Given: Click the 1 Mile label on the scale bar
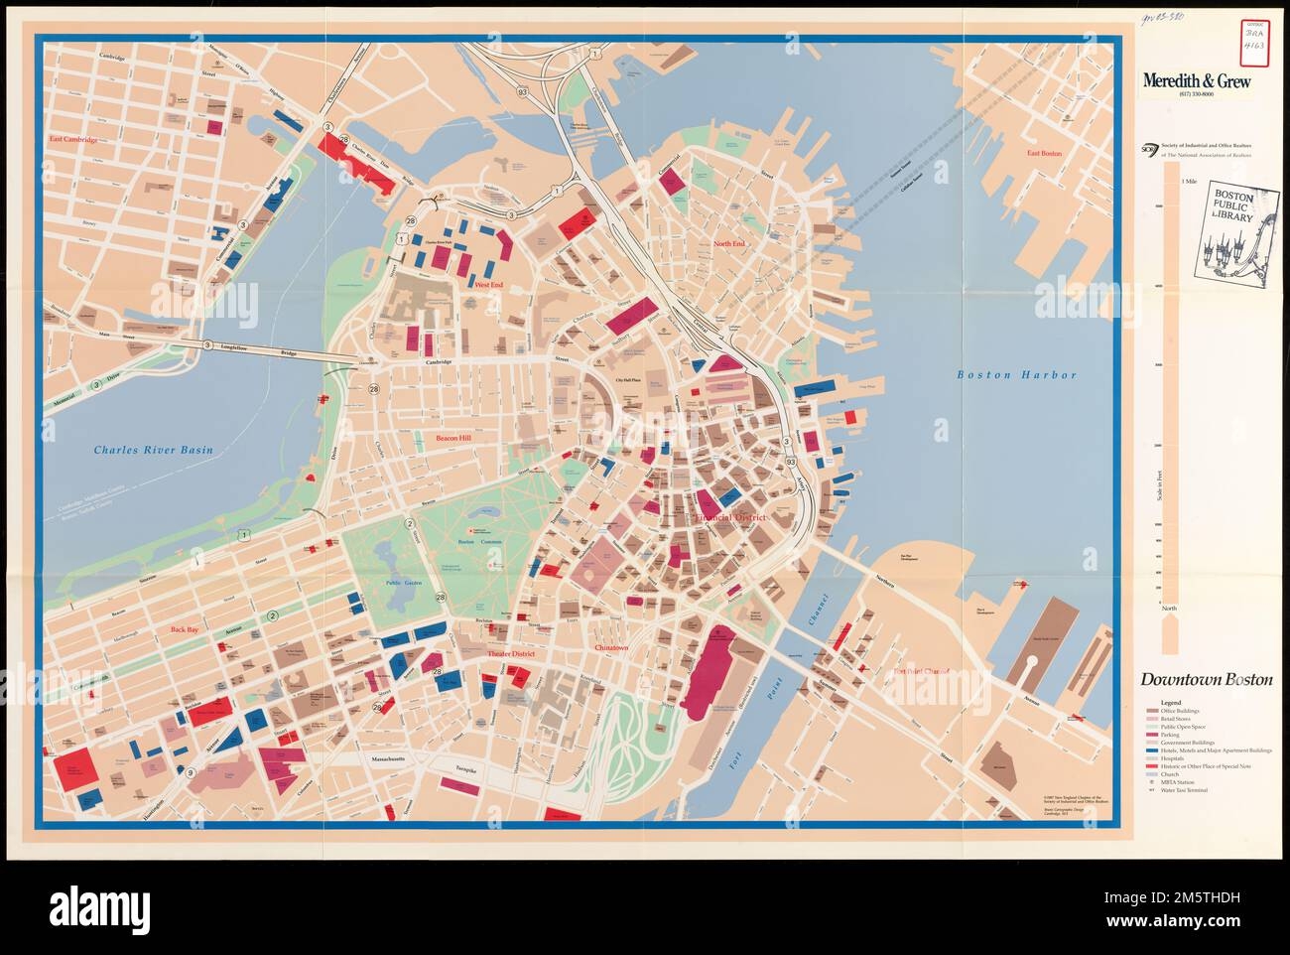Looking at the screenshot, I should click(1189, 182).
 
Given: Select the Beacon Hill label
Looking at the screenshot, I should click(458, 438).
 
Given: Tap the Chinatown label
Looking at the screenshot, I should click(611, 648).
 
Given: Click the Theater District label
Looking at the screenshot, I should click(510, 655).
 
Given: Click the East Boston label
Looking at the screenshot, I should click(1045, 154).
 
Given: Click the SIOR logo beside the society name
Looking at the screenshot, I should click(1150, 150).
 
